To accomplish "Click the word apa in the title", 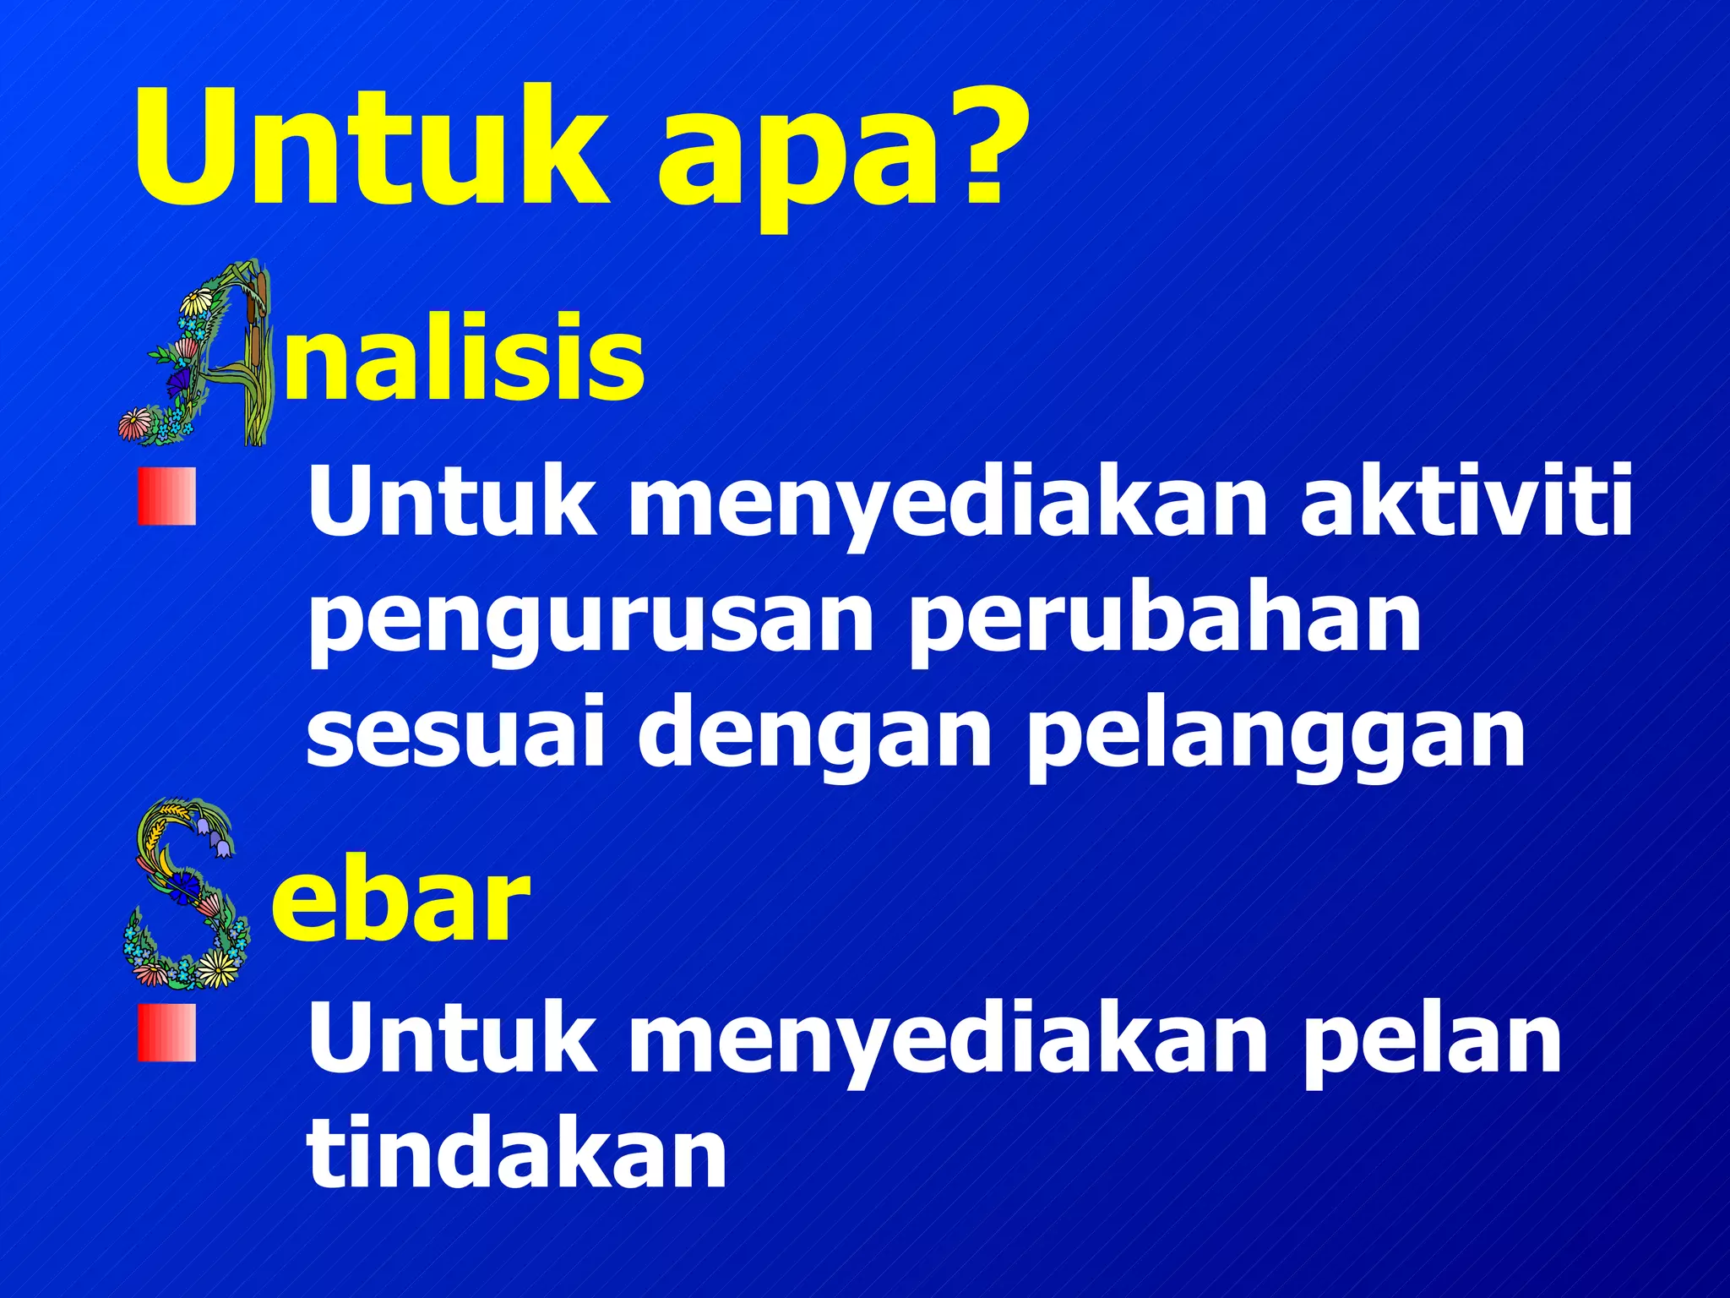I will click(x=798, y=161).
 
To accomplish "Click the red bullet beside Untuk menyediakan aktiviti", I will click(x=166, y=497).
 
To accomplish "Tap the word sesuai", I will click(x=454, y=731).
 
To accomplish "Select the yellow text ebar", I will click(x=400, y=899).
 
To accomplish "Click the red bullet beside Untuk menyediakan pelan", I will click(x=166, y=1033).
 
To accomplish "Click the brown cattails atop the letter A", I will click(x=260, y=292).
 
